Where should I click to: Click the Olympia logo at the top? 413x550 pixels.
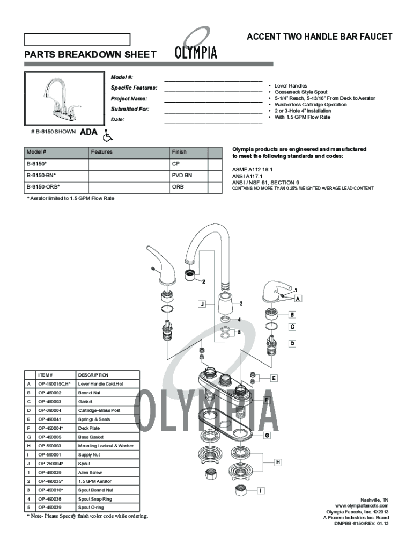pyautogui.click(x=196, y=46)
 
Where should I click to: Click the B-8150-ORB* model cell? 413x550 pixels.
pyautogui.click(x=56, y=187)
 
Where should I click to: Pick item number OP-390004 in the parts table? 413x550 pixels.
pyautogui.click(x=56, y=410)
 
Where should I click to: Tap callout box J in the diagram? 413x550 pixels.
pyautogui.click(x=202, y=305)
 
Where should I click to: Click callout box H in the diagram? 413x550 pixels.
pyautogui.click(x=278, y=462)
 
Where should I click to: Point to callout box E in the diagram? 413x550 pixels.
pyautogui.click(x=274, y=378)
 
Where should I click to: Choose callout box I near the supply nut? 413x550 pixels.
pyautogui.click(x=261, y=490)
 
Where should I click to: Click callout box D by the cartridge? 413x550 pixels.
pyautogui.click(x=293, y=343)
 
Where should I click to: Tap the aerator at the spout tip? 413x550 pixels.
pyautogui.click(x=189, y=276)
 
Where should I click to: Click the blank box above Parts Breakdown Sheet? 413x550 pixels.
pyautogui.click(x=77, y=39)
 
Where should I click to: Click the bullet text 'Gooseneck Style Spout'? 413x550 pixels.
pyautogui.click(x=301, y=92)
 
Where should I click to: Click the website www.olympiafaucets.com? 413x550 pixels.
pyautogui.click(x=362, y=506)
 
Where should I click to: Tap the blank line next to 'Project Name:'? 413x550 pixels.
pyautogui.click(x=212, y=99)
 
